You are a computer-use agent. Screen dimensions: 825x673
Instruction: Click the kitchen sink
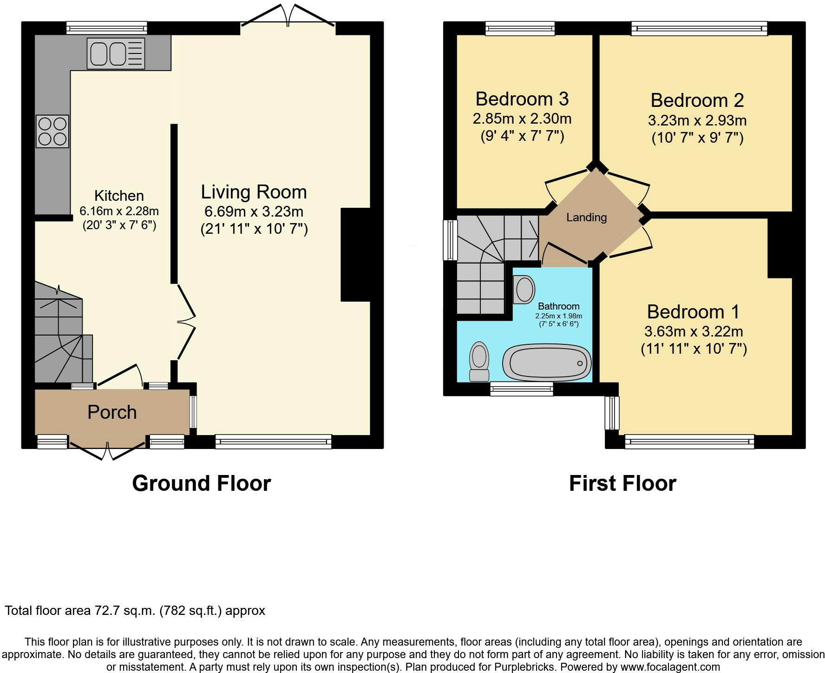click(116, 53)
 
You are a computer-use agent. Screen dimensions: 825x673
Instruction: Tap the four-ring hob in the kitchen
click(52, 132)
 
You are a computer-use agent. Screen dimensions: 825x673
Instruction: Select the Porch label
click(112, 412)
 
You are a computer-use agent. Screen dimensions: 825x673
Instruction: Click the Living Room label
click(254, 192)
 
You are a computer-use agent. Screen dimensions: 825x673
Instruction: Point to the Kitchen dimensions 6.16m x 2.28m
click(119, 211)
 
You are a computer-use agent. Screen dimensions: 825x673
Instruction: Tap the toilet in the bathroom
click(479, 362)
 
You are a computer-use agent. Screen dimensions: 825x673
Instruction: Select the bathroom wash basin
click(524, 289)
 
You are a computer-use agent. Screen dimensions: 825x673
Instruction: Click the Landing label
click(586, 217)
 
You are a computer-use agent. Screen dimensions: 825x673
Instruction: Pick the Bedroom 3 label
click(522, 99)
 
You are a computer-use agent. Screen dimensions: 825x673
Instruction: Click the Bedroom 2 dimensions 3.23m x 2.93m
click(697, 121)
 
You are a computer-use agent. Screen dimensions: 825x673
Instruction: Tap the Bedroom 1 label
click(693, 311)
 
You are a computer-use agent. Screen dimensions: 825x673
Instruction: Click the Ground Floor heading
click(202, 483)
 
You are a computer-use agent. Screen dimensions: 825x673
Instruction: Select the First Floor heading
click(622, 483)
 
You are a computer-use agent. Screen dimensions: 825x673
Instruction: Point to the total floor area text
click(135, 611)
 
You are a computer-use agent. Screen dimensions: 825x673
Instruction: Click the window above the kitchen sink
click(107, 28)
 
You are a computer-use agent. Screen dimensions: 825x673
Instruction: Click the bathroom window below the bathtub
click(522, 389)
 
